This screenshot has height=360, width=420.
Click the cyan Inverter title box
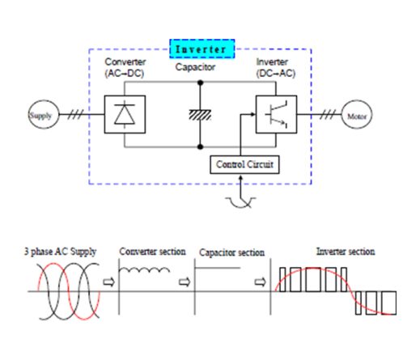coord(202,49)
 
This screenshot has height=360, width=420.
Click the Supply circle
coord(44,115)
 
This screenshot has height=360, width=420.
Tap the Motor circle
coord(357,115)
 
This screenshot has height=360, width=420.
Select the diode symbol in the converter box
coord(125,114)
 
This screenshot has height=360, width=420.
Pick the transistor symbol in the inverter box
coord(277,114)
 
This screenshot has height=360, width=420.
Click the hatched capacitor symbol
coord(200,115)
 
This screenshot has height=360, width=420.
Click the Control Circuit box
coord(244,164)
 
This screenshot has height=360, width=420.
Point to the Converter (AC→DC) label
coord(125,67)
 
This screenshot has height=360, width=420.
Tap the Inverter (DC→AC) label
coord(276,67)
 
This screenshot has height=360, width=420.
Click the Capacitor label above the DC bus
coord(195,67)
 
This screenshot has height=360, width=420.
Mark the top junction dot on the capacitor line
coord(200,83)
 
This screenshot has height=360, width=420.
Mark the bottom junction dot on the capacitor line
coord(200,147)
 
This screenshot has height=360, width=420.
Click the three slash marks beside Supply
coord(75,115)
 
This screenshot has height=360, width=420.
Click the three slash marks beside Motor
coord(328,115)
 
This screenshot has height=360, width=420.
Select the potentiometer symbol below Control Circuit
coord(240,201)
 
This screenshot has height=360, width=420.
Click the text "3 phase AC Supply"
coord(61,252)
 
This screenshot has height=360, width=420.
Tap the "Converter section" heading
coord(152,252)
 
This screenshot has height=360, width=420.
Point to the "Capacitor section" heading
coord(231,252)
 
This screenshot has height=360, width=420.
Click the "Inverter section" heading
coord(346,252)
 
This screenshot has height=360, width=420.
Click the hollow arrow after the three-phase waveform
coord(109,282)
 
